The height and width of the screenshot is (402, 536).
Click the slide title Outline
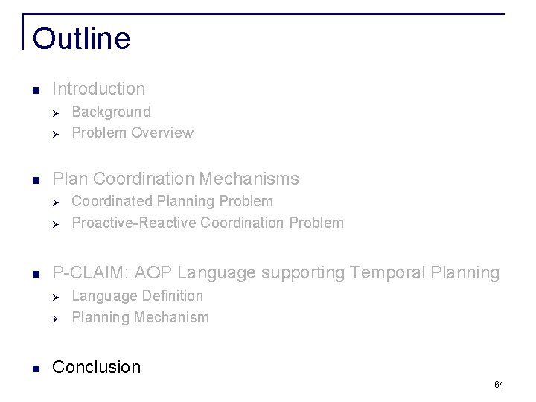pos(81,39)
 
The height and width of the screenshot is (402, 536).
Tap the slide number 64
pos(499,385)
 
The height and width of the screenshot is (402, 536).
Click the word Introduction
pos(99,89)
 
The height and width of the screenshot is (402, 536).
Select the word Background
pos(111,112)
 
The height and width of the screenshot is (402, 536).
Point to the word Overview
pos(162,133)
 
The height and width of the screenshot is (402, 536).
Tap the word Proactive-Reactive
pos(134,223)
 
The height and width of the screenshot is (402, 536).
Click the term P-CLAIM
pos(85,273)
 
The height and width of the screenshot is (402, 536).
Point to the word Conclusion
pos(97,367)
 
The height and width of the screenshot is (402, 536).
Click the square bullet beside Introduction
pos(35,90)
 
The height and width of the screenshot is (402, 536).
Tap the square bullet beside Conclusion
pos(35,368)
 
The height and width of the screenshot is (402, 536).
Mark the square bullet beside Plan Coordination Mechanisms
pos(35,179)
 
